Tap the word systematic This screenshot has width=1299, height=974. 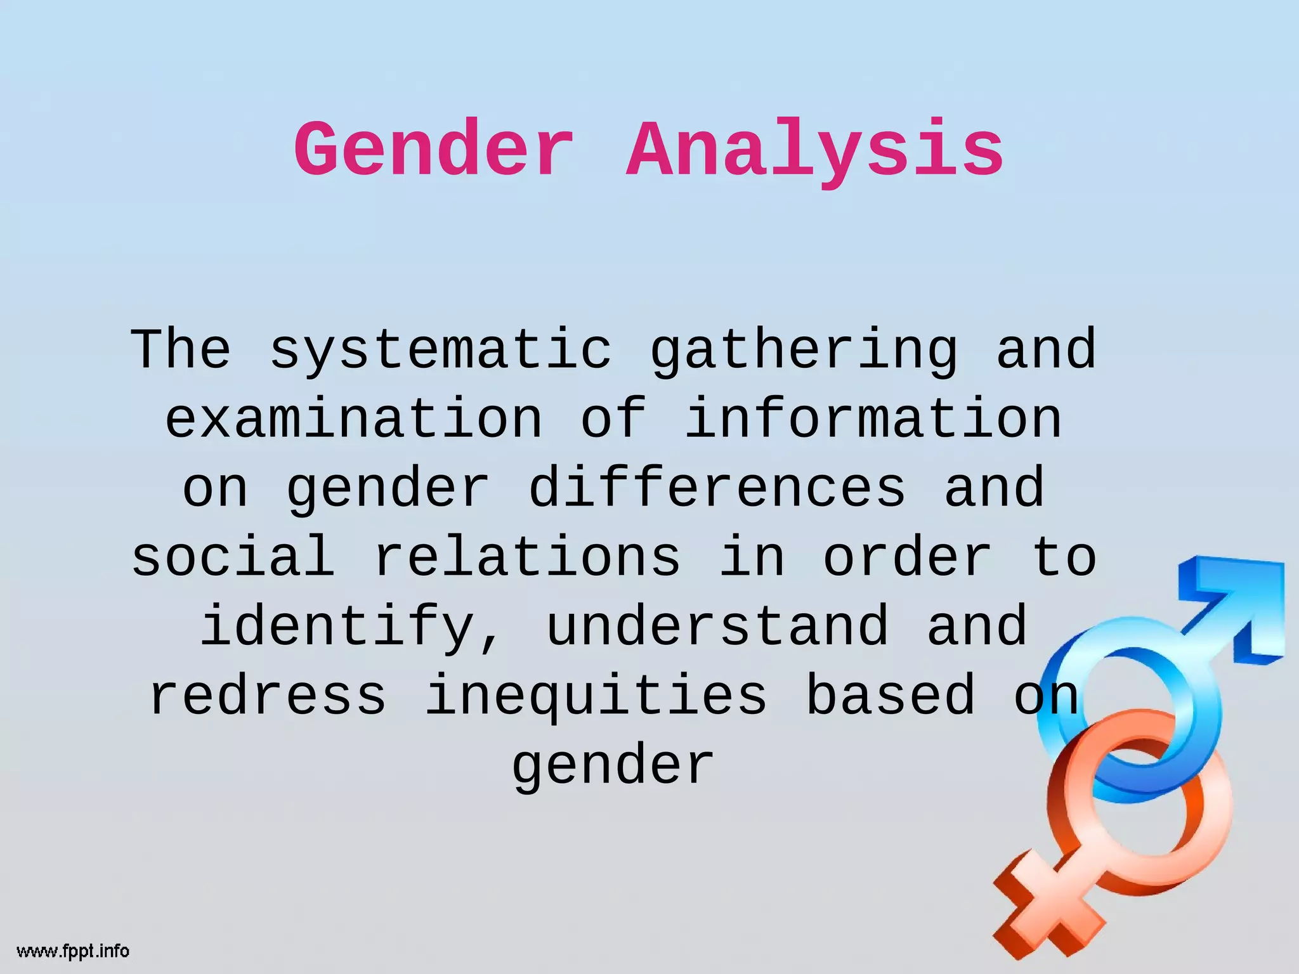[x=441, y=350]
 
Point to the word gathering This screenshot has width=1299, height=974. [x=804, y=350]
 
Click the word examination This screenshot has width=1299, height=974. [x=354, y=419]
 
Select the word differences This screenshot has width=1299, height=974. [x=717, y=488]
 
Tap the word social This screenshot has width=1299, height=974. [x=233, y=557]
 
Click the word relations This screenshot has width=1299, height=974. [x=527, y=557]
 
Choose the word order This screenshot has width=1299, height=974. [x=908, y=557]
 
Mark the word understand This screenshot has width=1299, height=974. [x=717, y=627]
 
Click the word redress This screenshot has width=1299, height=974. [x=268, y=696]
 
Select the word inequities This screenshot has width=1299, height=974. [x=596, y=696]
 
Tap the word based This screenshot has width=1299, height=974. [x=891, y=696]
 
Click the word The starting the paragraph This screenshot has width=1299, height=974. [x=181, y=350]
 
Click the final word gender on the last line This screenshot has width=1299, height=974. [x=613, y=765]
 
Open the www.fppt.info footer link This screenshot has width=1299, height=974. [x=73, y=951]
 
